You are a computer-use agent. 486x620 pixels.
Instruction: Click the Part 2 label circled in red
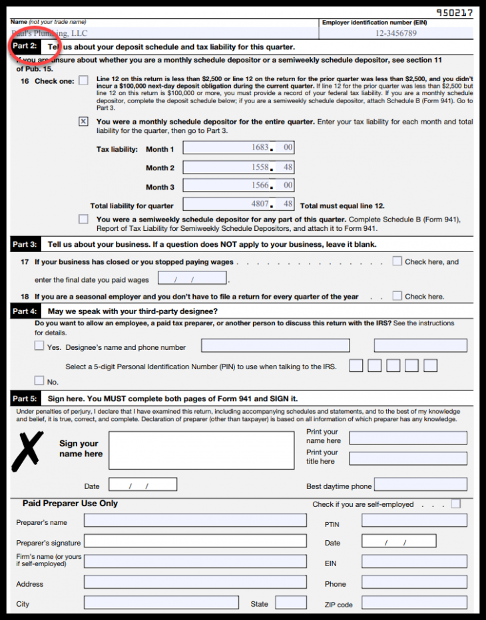25,47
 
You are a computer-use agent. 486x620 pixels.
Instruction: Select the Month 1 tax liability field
238,148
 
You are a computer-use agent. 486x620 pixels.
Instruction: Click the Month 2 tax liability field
238,167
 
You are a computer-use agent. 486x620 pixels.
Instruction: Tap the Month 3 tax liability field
238,186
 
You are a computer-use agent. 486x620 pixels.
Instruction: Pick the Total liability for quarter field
238,205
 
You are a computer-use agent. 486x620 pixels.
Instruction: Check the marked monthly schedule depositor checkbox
83,122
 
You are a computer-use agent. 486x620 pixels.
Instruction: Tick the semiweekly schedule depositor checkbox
83,219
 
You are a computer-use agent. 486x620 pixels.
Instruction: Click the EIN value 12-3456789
396,33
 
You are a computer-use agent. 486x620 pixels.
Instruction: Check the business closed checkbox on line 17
397,261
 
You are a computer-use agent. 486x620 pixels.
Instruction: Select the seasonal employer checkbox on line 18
397,296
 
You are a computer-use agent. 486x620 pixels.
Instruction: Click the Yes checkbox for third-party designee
39,346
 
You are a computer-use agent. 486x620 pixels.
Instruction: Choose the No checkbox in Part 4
39,381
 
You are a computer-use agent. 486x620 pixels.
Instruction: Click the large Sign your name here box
201,450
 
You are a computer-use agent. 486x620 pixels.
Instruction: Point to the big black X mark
28,452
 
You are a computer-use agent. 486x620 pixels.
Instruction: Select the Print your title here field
408,458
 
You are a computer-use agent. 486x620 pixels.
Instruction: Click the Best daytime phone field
421,485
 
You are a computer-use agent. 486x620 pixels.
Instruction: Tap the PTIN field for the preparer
414,521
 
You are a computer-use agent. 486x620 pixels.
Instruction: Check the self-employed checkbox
455,504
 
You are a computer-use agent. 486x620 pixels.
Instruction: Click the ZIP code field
414,603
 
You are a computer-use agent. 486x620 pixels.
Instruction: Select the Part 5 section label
25,399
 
